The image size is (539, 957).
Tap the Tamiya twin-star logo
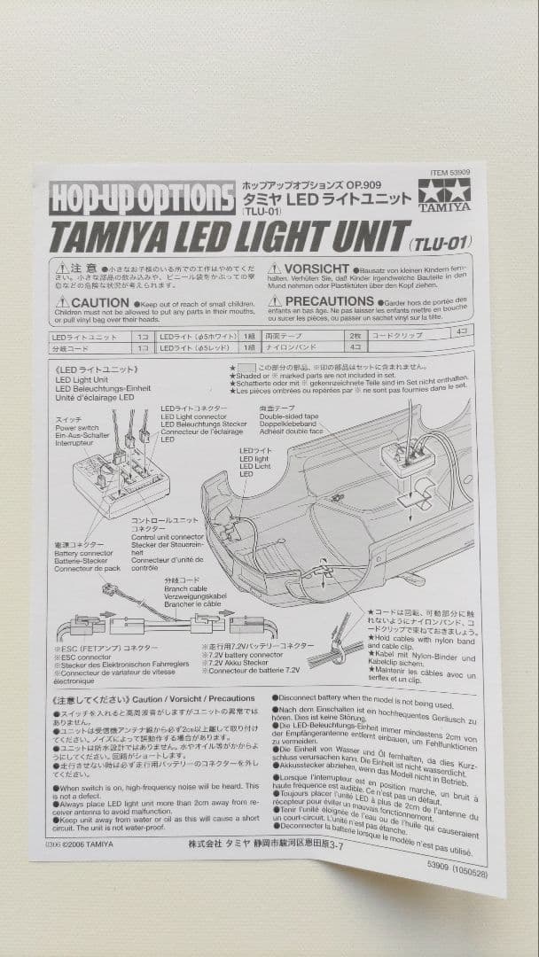(x=443, y=196)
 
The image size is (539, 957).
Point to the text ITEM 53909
(x=449, y=175)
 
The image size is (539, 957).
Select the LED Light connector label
(x=192, y=416)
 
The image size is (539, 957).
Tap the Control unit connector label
(x=168, y=537)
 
